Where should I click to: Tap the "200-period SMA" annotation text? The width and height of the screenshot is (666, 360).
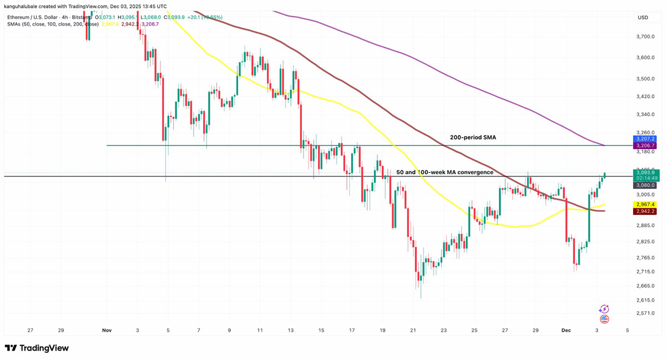473,136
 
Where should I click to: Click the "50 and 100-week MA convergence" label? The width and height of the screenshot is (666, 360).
445,173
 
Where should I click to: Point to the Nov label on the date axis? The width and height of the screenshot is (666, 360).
107,331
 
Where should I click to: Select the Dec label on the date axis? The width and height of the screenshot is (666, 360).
566,331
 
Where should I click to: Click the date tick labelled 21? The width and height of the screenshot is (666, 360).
413,331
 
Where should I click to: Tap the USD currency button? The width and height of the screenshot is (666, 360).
643,18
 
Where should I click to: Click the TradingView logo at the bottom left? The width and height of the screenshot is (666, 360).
37,348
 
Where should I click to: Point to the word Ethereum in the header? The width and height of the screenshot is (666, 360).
21,17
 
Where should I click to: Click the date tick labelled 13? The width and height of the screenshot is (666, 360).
290,331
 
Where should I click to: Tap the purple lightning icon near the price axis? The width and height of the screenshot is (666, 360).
604,309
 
